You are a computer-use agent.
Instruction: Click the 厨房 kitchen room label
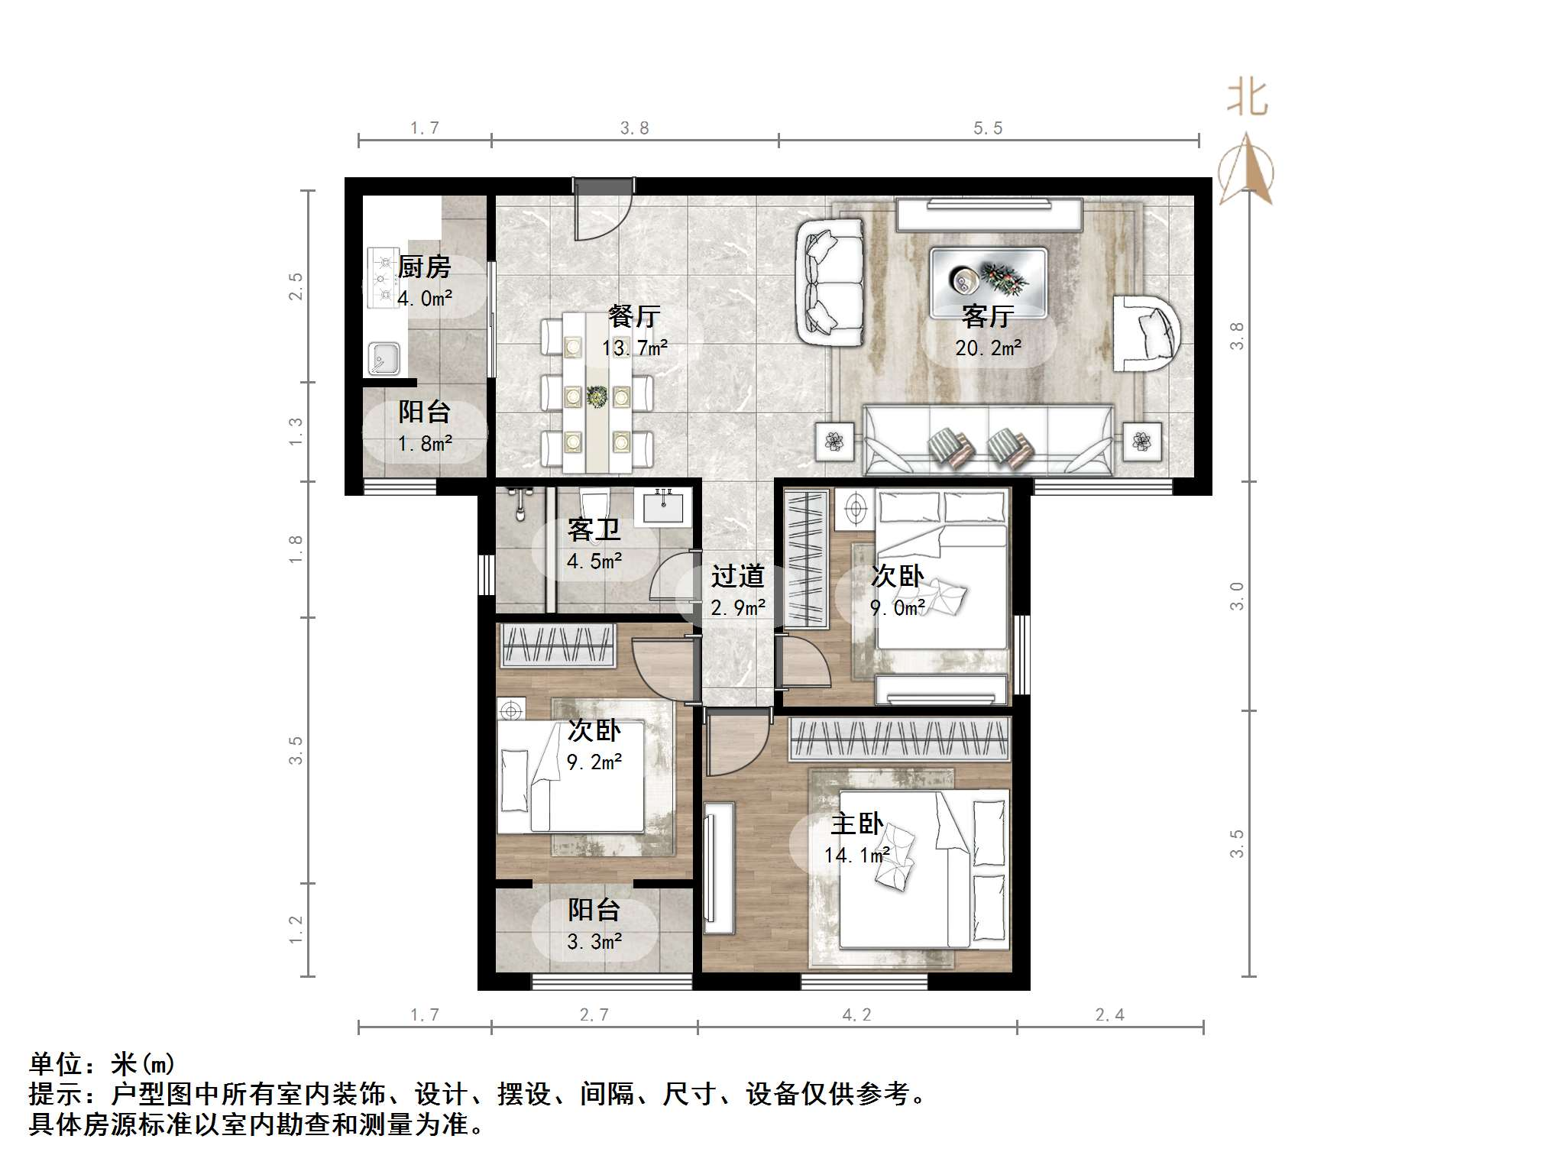(x=424, y=267)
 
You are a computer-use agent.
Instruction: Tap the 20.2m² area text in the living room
(x=988, y=348)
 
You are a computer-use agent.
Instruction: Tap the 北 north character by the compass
(x=1247, y=98)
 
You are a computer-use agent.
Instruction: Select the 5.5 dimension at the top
(x=987, y=128)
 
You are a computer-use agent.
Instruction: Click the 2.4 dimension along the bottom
(x=1109, y=1014)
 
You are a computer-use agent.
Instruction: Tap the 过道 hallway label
(x=737, y=576)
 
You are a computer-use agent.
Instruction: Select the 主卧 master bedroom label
(x=856, y=823)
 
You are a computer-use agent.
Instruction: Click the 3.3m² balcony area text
(x=594, y=942)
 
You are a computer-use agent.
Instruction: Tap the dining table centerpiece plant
(x=597, y=396)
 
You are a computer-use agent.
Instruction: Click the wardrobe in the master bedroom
(x=899, y=739)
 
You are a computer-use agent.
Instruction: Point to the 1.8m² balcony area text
(x=425, y=443)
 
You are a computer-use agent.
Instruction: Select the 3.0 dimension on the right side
(x=1236, y=596)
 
